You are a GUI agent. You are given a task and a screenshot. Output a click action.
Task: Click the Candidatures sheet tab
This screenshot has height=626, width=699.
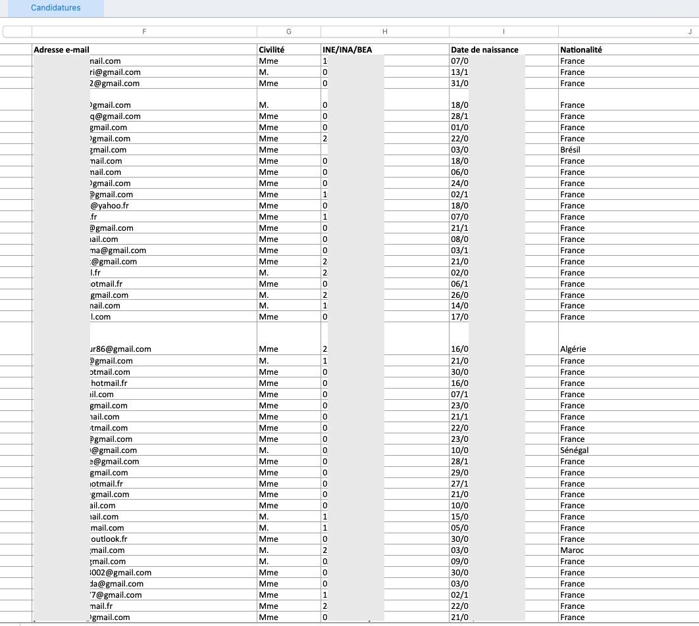tap(56, 8)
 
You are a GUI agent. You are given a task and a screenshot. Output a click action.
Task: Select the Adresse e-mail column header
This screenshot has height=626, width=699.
tap(61, 50)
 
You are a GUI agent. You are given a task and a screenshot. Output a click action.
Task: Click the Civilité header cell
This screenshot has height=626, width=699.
tap(272, 50)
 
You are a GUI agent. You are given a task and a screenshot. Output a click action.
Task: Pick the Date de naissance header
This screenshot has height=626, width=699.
tap(484, 50)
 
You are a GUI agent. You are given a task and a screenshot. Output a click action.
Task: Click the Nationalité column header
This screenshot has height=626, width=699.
tap(581, 50)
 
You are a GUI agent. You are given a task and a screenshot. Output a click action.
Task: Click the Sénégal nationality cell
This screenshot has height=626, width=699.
tap(574, 450)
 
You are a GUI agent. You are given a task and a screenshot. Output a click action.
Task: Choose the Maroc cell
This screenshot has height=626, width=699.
tap(571, 550)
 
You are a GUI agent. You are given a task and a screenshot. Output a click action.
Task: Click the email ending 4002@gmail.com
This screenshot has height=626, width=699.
tap(119, 573)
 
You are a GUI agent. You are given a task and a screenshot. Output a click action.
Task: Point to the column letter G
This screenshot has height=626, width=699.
tap(289, 32)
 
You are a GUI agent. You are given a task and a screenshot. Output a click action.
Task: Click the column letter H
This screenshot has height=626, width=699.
tap(385, 32)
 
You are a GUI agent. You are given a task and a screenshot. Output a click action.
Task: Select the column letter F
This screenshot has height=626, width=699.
tap(144, 32)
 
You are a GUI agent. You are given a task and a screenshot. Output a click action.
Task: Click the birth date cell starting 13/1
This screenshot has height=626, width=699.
tap(459, 72)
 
